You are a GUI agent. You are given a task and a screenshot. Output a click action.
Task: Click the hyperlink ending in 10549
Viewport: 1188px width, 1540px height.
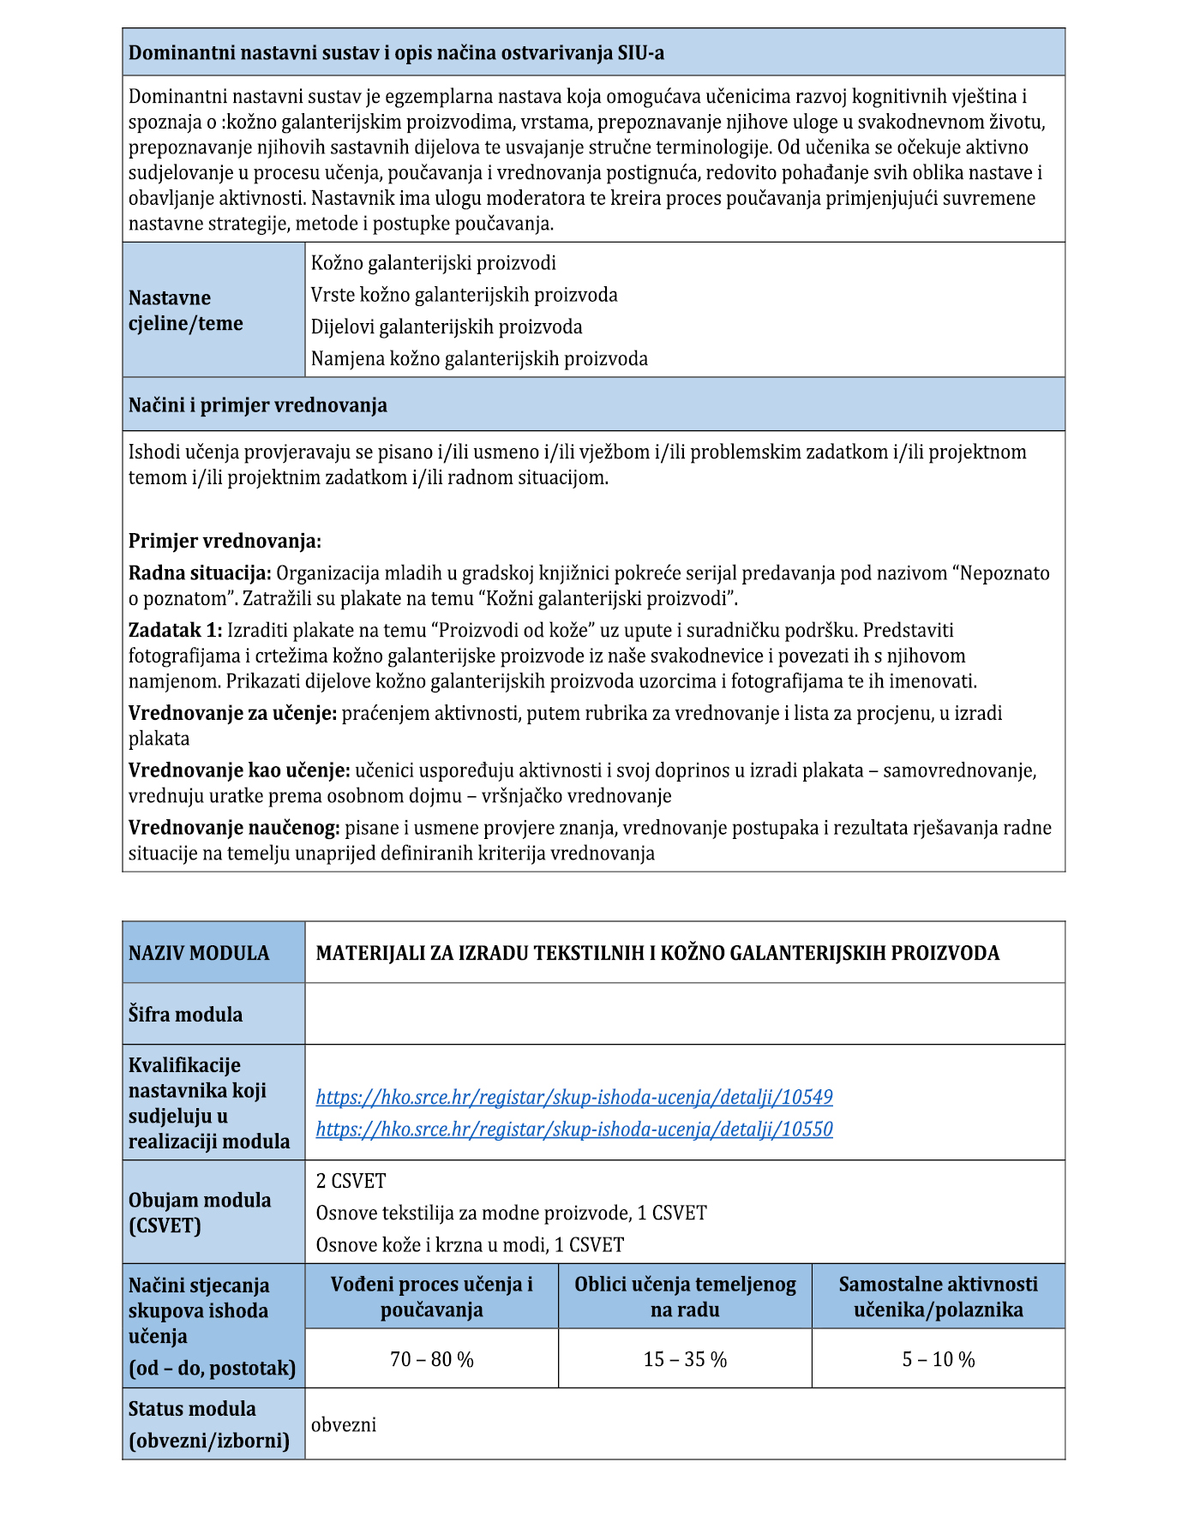(574, 1097)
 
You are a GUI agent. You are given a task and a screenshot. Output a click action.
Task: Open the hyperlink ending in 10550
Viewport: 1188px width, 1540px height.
(574, 1129)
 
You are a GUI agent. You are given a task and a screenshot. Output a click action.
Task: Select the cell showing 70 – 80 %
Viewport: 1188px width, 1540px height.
(431, 1359)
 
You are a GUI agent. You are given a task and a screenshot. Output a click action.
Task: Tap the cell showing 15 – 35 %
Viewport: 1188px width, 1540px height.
(685, 1359)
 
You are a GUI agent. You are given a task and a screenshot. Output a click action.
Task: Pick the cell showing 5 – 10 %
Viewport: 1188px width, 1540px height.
(938, 1359)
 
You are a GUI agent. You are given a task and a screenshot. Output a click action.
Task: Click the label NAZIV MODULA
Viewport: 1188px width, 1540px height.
(199, 953)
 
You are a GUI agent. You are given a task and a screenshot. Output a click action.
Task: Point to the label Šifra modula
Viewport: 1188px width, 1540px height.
(185, 1015)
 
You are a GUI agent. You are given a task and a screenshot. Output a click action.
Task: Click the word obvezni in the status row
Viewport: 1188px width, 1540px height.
(344, 1424)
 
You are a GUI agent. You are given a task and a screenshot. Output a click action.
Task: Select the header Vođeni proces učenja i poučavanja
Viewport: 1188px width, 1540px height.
(431, 1297)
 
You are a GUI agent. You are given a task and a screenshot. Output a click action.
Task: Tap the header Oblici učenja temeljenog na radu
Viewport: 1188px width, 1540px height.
(685, 1297)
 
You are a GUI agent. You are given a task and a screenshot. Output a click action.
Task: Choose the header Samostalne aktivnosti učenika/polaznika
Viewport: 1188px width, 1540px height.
(938, 1297)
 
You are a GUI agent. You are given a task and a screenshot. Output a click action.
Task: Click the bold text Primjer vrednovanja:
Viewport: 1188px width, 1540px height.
(225, 541)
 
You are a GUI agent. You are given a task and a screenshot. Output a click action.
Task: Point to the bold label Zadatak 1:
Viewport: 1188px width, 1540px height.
(175, 630)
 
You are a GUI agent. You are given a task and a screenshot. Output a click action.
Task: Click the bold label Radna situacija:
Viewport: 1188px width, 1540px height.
(200, 572)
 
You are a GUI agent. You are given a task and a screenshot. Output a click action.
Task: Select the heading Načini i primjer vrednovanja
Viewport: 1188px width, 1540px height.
(258, 404)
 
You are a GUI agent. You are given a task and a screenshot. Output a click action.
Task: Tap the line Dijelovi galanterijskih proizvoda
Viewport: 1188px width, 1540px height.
(447, 327)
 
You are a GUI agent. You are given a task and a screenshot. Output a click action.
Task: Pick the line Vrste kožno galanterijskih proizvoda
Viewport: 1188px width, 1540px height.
(464, 295)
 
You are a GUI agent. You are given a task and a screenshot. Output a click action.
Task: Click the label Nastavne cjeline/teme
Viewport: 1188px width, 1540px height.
(186, 310)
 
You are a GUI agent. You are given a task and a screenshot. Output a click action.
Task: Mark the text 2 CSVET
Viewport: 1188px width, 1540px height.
(351, 1181)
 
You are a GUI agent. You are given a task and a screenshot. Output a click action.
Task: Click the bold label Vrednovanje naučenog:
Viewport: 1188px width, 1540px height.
(234, 828)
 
